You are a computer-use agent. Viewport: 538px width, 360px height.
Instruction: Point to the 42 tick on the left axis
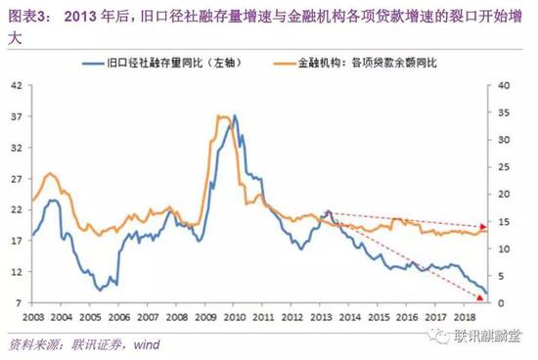[x=17, y=84]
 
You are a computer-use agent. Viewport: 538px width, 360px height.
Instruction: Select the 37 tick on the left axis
[x=17, y=115]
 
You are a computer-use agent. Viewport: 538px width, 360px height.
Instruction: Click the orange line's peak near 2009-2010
[x=223, y=116]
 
